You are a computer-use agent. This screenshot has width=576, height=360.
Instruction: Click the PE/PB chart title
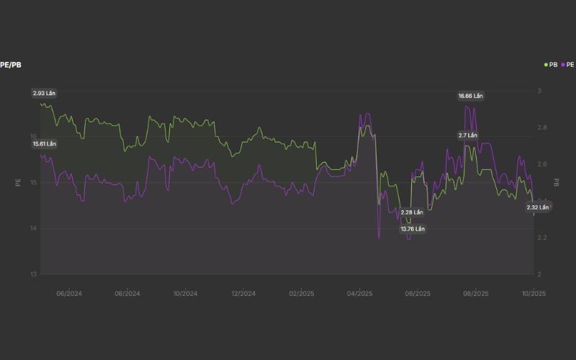tap(11, 65)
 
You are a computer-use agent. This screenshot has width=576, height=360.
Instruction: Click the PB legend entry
tap(551, 65)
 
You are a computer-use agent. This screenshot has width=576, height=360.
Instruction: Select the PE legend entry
tap(568, 65)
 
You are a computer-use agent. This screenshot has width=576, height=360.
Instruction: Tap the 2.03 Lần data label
tap(44, 94)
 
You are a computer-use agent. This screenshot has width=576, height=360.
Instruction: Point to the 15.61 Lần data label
tap(44, 144)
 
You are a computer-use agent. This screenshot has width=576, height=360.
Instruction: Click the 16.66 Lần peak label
tap(471, 96)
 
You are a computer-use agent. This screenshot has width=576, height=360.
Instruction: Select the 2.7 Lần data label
tap(468, 135)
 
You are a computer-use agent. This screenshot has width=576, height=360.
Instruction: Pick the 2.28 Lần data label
tap(412, 212)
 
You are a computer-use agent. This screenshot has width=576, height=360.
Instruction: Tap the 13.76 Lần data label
tap(413, 229)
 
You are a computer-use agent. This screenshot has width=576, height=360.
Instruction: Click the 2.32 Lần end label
tap(538, 207)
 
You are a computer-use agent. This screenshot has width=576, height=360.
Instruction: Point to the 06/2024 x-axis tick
tap(68, 294)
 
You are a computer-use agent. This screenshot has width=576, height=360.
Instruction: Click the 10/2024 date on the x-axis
tap(185, 294)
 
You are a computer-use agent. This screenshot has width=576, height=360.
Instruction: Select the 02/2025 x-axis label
tap(302, 294)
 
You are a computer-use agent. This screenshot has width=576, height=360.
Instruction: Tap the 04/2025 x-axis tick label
tap(359, 294)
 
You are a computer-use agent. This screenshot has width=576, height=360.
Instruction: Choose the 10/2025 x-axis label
tap(534, 294)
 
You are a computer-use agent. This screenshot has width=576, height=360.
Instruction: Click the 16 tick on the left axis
tap(33, 137)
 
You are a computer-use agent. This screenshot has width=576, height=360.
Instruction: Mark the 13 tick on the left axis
tap(33, 274)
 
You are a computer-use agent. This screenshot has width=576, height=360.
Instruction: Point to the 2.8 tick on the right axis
tap(542, 127)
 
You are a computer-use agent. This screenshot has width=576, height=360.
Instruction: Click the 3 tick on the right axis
tap(539, 91)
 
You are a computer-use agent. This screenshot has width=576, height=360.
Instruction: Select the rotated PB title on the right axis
tap(557, 183)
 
